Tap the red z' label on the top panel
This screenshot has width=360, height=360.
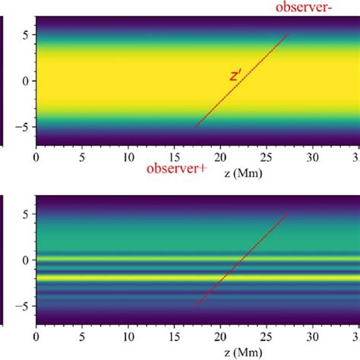pos(235,75)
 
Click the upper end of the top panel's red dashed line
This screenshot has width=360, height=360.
pos(288,34)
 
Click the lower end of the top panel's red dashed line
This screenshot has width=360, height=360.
pos(196,126)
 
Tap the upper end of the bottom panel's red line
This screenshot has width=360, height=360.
pos(288,214)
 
